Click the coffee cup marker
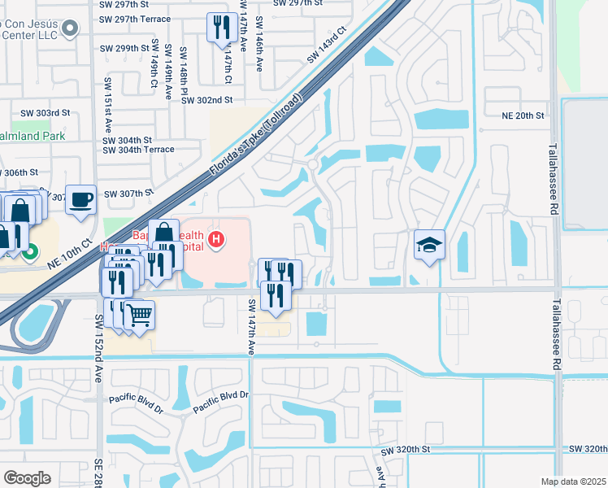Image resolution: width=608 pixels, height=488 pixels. point(80,199)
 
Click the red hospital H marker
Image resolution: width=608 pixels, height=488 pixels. point(216,239)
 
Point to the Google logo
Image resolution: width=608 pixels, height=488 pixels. point(27,478)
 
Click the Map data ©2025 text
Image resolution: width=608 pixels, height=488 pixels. point(573,481)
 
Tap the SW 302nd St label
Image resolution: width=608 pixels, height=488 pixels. point(207,100)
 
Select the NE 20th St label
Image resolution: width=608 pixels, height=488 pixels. point(523,116)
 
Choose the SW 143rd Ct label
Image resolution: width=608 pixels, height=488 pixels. point(327,46)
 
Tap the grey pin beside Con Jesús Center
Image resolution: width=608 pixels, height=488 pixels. point(69,29)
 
